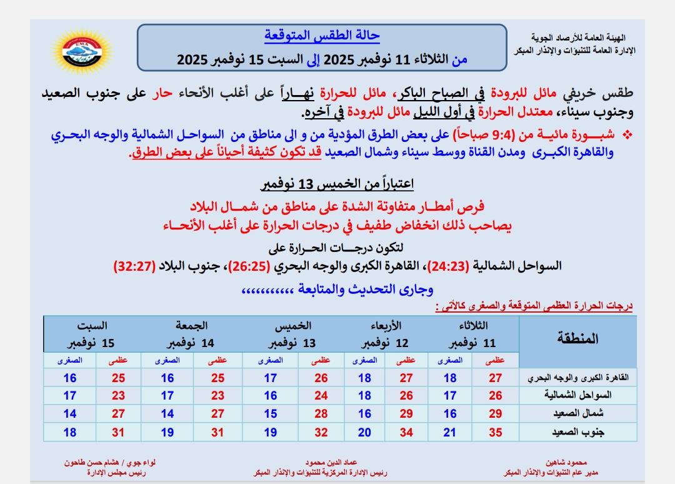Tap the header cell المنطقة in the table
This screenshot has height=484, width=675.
[x=577, y=338]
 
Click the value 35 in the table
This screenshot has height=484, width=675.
[x=496, y=431]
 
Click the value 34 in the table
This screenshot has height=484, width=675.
[x=406, y=431]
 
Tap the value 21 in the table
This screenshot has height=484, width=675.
[x=450, y=431]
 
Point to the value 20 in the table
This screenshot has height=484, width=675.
[x=365, y=431]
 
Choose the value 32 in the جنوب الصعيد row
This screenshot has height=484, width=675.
[x=321, y=431]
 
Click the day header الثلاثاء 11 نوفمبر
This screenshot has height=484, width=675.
[x=473, y=335]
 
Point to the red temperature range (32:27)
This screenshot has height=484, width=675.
[x=136, y=266]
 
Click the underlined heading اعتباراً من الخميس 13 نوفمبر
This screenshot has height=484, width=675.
[x=337, y=184]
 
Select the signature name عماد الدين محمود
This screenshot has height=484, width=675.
[x=322, y=463]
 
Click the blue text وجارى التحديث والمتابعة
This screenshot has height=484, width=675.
[x=337, y=290]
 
